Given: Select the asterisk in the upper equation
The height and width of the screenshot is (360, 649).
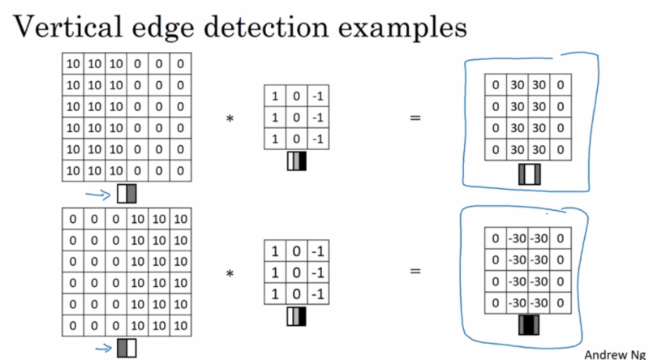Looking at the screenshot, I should tap(229, 120).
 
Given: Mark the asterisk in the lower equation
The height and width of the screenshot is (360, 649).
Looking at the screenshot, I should tap(229, 274).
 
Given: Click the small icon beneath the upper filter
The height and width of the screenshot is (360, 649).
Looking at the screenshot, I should tap(298, 162).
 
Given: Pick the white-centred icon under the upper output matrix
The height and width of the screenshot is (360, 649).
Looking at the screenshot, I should tap(530, 173).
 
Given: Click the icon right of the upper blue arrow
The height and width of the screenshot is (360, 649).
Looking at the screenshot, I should tap(127, 194).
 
